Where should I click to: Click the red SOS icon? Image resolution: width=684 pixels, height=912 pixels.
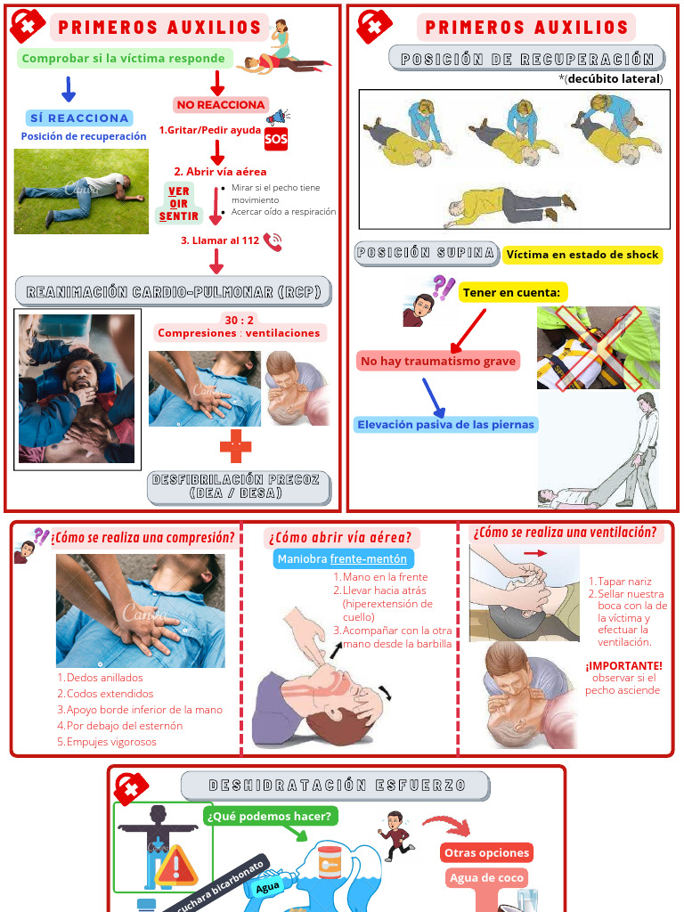pyautogui.click(x=276, y=140)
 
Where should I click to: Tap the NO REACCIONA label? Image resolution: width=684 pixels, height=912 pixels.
pyautogui.click(x=221, y=105)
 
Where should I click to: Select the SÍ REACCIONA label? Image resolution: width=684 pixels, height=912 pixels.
pyautogui.click(x=80, y=118)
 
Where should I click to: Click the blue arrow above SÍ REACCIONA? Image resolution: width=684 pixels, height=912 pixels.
pyautogui.click(x=68, y=88)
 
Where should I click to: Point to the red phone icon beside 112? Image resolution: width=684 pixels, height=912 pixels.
pyautogui.click(x=273, y=241)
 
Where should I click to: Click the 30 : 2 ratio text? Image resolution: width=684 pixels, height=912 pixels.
pyautogui.click(x=238, y=321)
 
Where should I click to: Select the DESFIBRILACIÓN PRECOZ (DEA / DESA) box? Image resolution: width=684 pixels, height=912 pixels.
pyautogui.click(x=240, y=486)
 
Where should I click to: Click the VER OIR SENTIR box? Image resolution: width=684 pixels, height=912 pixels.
pyautogui.click(x=179, y=204)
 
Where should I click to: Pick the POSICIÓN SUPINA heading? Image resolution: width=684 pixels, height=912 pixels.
pyautogui.click(x=426, y=253)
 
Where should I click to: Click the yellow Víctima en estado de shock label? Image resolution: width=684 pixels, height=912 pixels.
pyautogui.click(x=582, y=255)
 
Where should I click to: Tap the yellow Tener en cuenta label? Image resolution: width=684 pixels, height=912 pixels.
pyautogui.click(x=512, y=292)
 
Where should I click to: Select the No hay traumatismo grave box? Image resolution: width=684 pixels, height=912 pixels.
pyautogui.click(x=437, y=361)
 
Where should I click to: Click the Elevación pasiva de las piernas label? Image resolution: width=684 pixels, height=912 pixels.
pyautogui.click(x=446, y=425)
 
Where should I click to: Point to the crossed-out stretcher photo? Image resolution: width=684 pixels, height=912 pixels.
pyautogui.click(x=598, y=347)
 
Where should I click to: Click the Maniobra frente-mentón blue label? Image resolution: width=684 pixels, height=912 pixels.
pyautogui.click(x=342, y=559)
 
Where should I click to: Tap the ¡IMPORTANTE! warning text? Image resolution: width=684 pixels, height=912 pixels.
pyautogui.click(x=623, y=665)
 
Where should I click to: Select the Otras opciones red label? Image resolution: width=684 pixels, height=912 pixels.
pyautogui.click(x=486, y=852)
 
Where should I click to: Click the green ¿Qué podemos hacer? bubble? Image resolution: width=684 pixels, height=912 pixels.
pyautogui.click(x=270, y=816)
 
